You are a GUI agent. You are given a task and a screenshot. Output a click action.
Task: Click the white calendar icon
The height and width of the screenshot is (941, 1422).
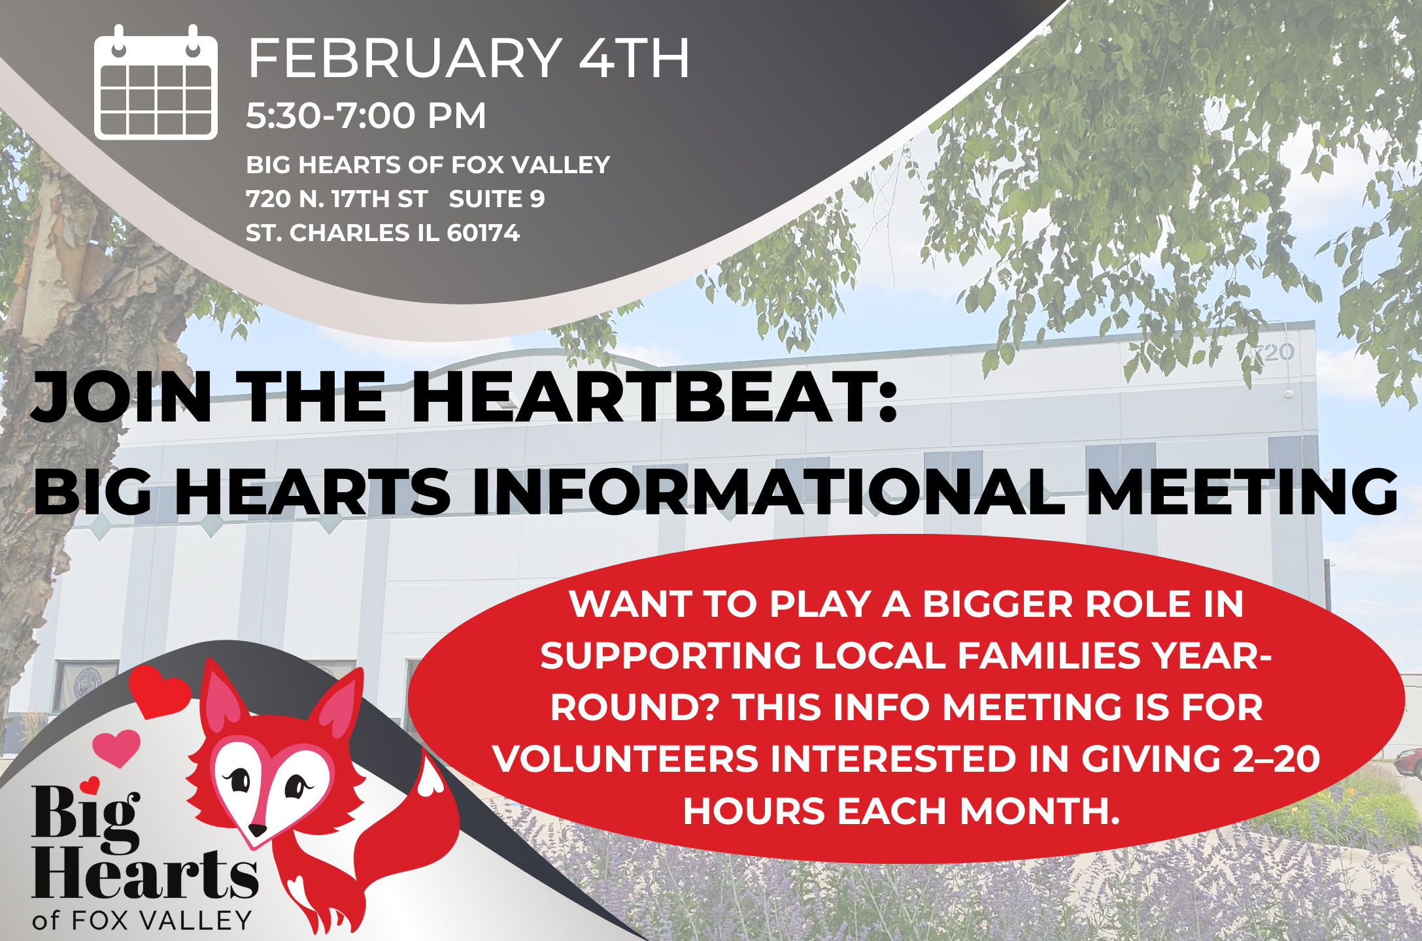coord(156,82)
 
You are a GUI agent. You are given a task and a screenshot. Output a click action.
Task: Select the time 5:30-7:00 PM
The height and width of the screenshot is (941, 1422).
coord(366,116)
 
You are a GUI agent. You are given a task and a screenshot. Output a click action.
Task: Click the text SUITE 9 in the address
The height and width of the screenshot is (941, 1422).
coord(497,199)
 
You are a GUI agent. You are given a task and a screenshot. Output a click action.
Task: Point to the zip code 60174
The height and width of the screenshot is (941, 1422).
coord(483,233)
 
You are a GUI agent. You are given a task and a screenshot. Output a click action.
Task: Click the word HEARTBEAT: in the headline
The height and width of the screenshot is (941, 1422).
coord(654,397)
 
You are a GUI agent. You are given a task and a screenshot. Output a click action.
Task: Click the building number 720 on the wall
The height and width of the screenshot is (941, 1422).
coord(1273,353)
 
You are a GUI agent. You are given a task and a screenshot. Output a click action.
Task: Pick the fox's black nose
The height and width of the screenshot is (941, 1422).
coord(259,829)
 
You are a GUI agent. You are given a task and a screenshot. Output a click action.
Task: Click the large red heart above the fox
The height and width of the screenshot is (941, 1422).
coord(160,691)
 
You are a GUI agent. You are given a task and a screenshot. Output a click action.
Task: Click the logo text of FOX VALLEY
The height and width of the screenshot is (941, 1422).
coord(142,920)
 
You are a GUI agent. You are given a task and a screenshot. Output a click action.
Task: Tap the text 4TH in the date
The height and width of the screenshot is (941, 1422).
coord(635,58)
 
